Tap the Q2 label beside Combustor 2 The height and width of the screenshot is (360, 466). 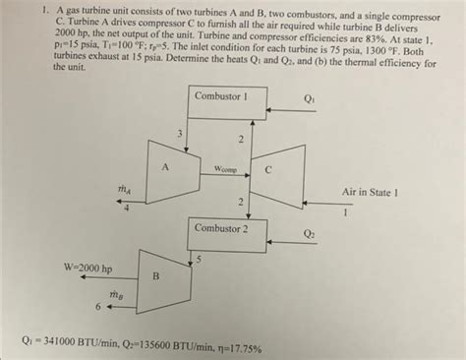310,233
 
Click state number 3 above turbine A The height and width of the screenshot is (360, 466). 179,133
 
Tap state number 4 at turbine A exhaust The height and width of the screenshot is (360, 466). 126,208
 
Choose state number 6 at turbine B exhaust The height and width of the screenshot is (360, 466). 97,306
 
